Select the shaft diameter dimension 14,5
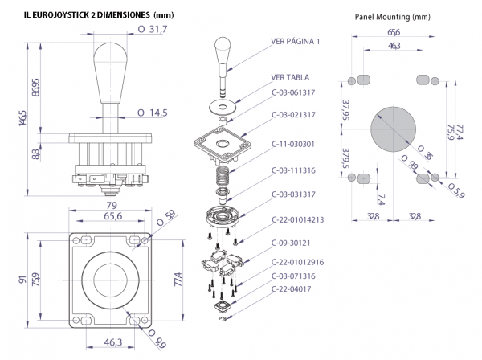[154, 112]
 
